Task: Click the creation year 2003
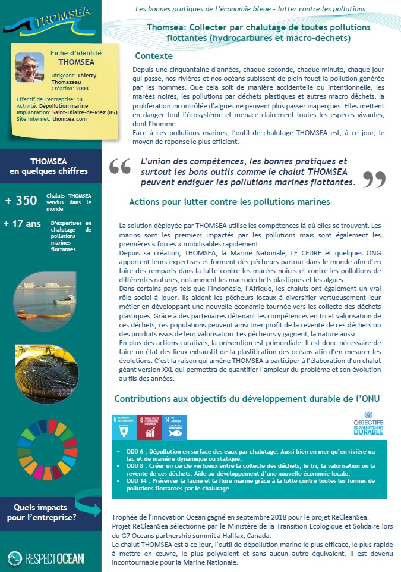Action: [83, 88]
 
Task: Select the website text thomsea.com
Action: [69, 119]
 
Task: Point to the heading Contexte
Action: [154, 56]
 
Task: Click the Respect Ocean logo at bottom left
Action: [46, 558]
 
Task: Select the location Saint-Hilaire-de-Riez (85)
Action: [65, 112]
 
